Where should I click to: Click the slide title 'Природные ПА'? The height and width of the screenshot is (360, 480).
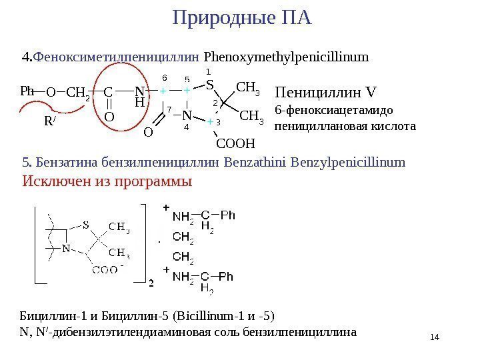pyautogui.click(x=242, y=17)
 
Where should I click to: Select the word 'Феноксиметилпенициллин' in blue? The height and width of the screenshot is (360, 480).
pyautogui.click(x=117, y=57)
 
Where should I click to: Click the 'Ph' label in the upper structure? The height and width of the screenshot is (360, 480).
pyautogui.click(x=27, y=91)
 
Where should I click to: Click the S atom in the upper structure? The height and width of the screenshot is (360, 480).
pyautogui.click(x=209, y=85)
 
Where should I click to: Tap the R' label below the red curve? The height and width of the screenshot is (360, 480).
pyautogui.click(x=49, y=121)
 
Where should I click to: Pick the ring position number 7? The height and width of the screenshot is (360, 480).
pyautogui.click(x=169, y=108)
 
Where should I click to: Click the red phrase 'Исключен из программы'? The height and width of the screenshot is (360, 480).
pyautogui.click(x=107, y=181)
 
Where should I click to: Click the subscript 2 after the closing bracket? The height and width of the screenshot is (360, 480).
pyautogui.click(x=151, y=283)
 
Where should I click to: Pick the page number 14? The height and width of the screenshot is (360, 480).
pyautogui.click(x=436, y=337)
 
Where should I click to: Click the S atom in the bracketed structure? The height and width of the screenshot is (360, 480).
pyautogui.click(x=86, y=224)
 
